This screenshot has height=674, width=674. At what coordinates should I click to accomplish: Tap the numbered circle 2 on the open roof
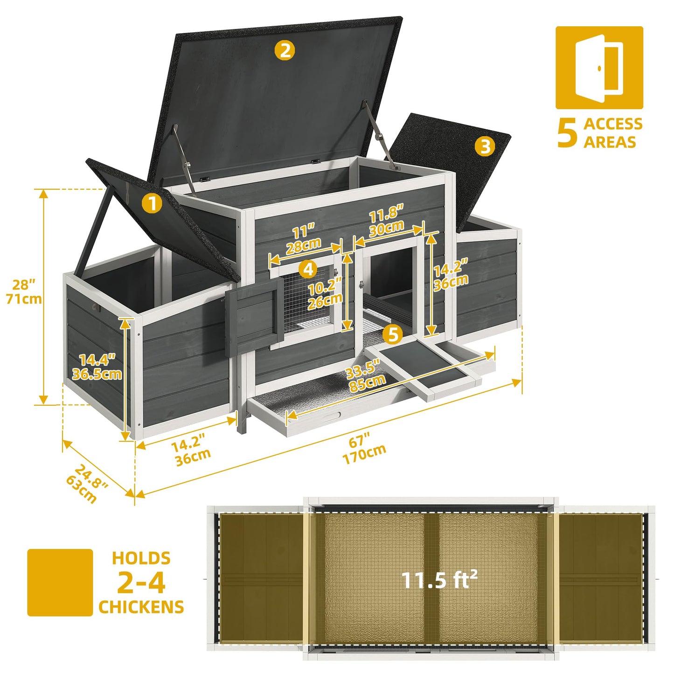coord(285,50)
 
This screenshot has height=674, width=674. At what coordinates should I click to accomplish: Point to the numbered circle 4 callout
coord(308,269)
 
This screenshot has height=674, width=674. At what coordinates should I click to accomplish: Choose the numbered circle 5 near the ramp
coord(393,334)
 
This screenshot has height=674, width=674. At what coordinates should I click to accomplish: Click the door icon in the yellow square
coord(599,68)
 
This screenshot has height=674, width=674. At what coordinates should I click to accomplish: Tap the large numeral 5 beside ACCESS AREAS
coord(567,133)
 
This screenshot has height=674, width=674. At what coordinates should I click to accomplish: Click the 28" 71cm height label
coord(24,292)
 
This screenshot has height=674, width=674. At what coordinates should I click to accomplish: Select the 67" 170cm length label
coord(364,449)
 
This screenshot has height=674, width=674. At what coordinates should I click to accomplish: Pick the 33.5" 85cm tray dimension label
coord(366,375)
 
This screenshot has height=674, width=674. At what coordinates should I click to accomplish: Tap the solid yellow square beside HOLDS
coord(60,583)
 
